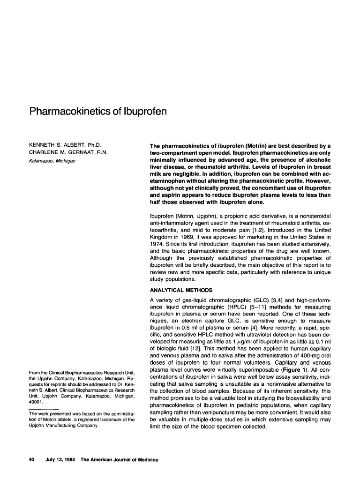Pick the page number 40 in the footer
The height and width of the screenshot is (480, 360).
click(x=32, y=460)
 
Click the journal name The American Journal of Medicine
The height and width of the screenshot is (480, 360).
click(x=120, y=460)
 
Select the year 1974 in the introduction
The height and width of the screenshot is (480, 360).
click(x=157, y=244)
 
